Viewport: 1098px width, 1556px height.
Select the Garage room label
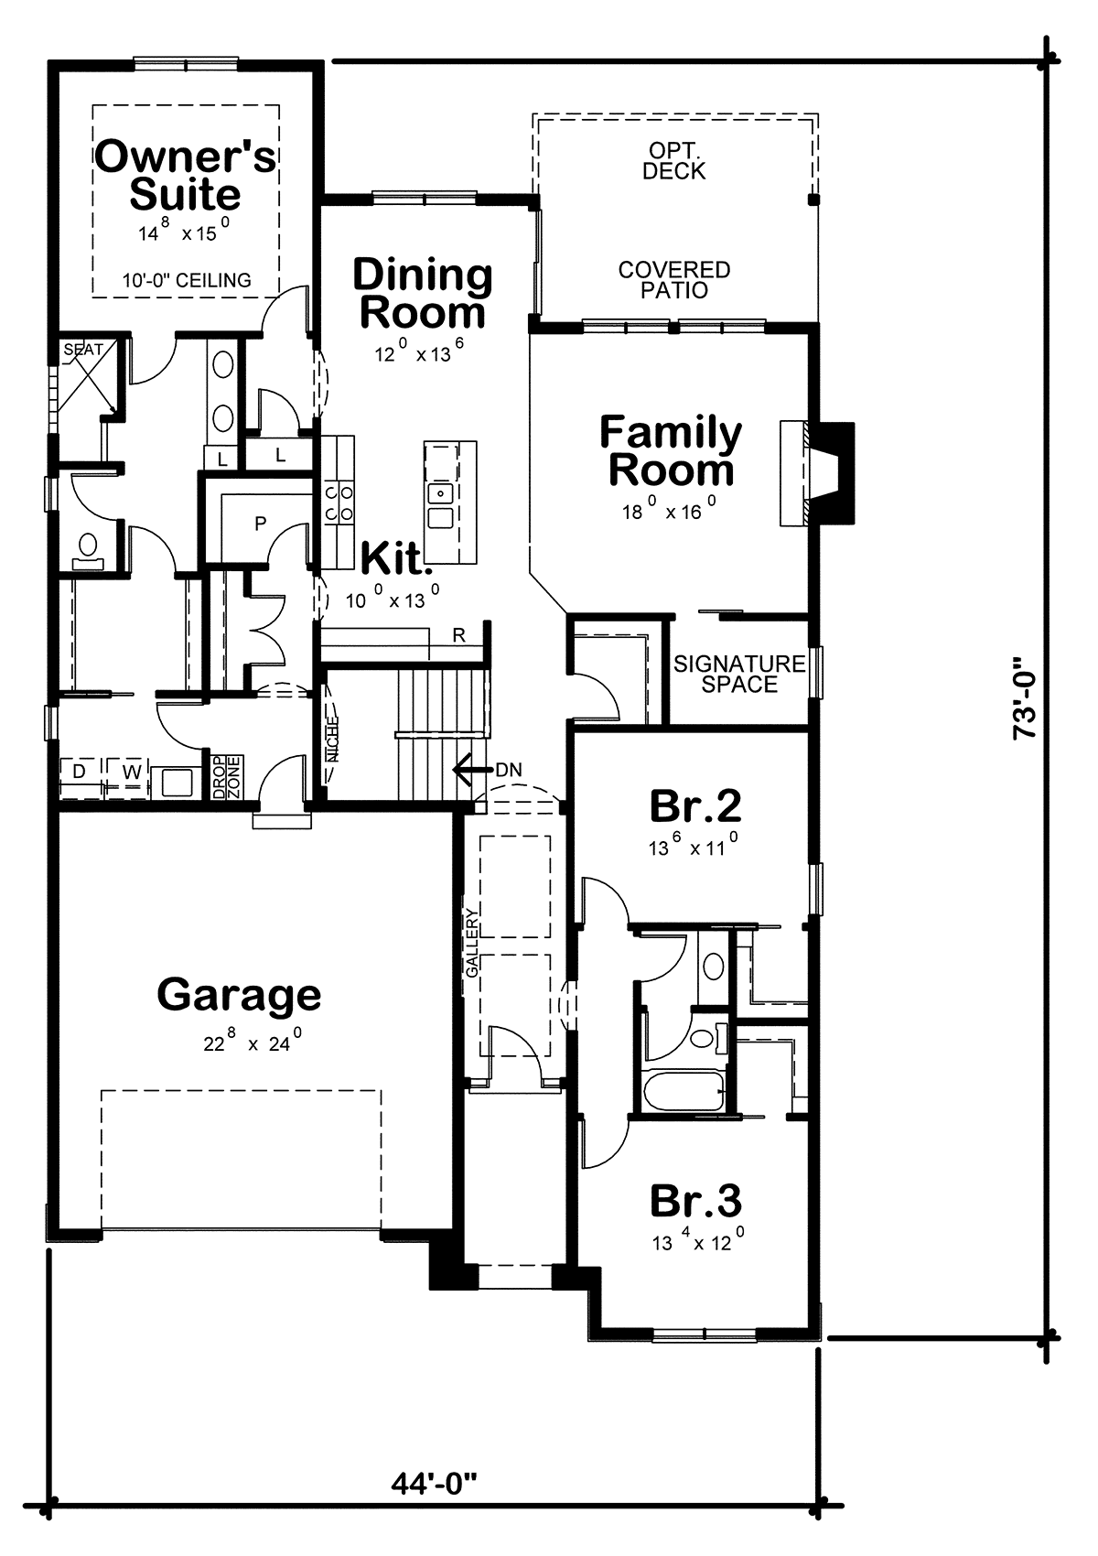240,995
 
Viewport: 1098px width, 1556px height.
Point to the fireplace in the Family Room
817,472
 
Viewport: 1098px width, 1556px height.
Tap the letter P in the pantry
261,524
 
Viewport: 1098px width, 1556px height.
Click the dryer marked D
80,771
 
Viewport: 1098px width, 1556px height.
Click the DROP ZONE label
226,777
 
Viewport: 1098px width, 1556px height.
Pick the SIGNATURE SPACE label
739,674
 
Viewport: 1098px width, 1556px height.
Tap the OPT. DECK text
673,160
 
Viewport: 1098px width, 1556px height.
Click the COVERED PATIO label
674,279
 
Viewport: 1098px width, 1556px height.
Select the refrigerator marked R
459,635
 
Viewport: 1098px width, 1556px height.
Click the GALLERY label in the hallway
471,943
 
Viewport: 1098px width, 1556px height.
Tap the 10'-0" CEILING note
187,280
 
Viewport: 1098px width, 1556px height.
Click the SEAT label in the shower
83,350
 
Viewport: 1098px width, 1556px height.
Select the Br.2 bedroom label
695,805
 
